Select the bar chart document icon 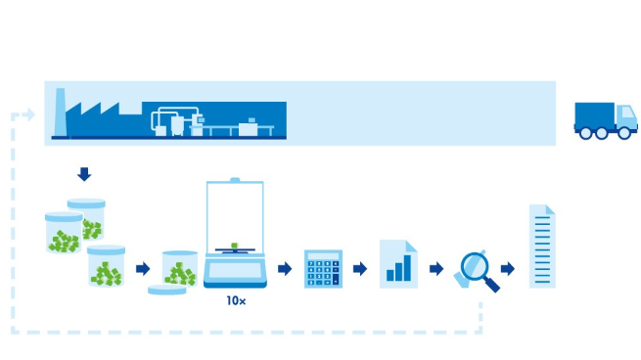pyautogui.click(x=398, y=264)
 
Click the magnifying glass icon pyautogui.click(x=478, y=270)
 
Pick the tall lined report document pyautogui.click(x=542, y=247)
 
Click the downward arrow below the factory pyautogui.click(x=84, y=174)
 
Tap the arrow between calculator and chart pyautogui.click(x=360, y=268)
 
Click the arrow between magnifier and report pyautogui.click(x=508, y=268)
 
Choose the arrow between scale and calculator pyautogui.click(x=285, y=268)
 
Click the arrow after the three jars pyautogui.click(x=143, y=268)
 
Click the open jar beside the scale pyautogui.click(x=180, y=268)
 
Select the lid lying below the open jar pyautogui.click(x=166, y=290)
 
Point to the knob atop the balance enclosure pyautogui.click(x=234, y=180)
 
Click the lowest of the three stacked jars pyautogui.click(x=107, y=266)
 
